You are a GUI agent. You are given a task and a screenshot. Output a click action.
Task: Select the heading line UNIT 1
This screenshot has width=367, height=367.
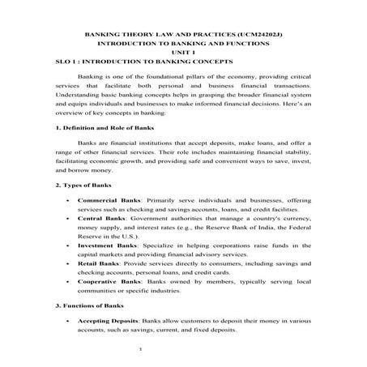click(x=184, y=53)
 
